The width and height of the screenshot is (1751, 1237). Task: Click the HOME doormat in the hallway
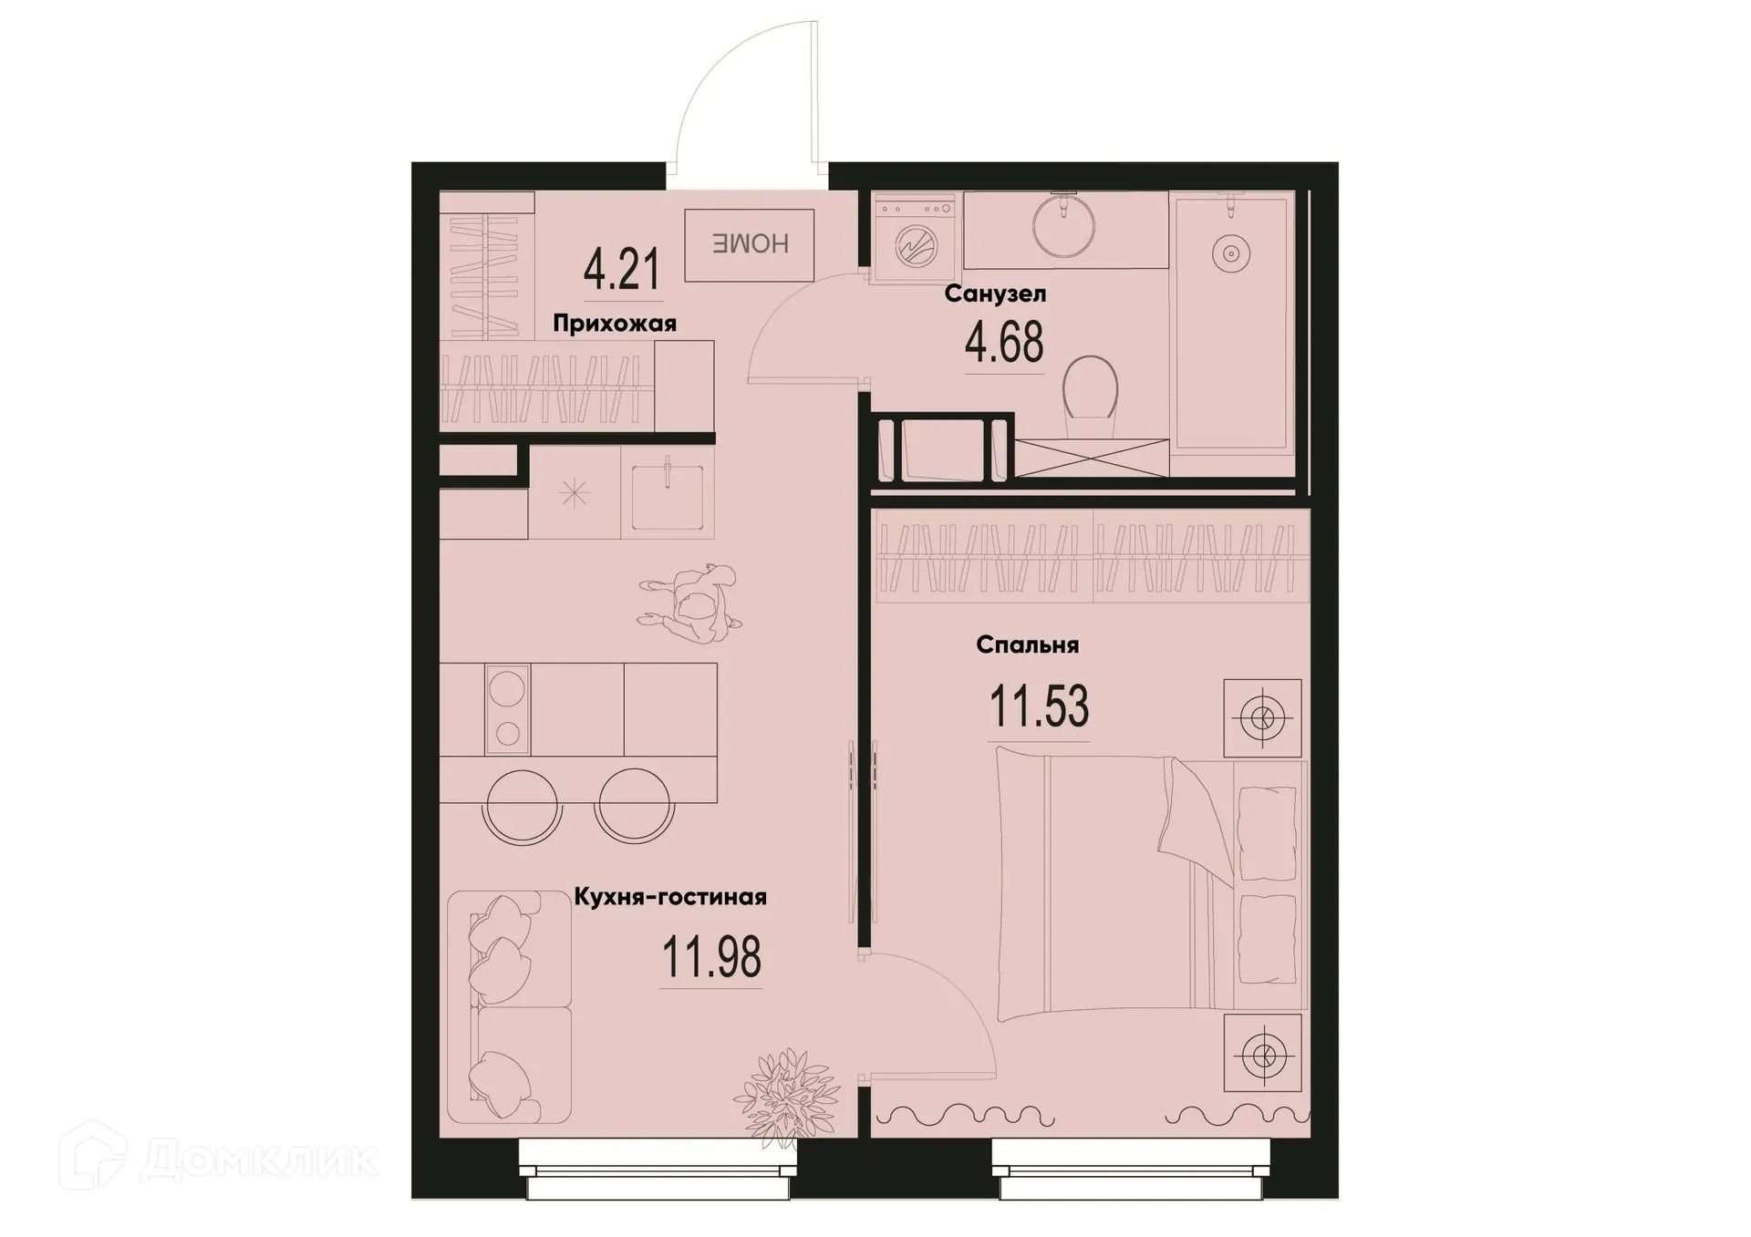[x=749, y=244]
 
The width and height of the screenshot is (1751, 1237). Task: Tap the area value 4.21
[x=621, y=270]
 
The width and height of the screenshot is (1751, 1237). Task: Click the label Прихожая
[x=614, y=324]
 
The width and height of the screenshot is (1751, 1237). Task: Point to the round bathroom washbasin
[x=1063, y=225]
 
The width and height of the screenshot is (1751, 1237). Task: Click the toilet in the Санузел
[x=1091, y=387]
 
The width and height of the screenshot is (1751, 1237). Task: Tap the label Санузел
[x=995, y=294]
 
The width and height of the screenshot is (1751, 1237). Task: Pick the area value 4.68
[x=1004, y=343]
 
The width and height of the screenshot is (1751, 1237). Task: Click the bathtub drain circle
[x=1230, y=253]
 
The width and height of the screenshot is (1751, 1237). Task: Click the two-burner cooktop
[x=507, y=708]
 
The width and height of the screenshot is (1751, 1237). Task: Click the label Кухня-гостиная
[x=670, y=897]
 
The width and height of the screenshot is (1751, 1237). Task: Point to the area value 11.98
[x=711, y=958]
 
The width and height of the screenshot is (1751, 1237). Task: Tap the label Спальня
[x=1027, y=645]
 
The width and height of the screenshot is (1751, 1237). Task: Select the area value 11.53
[x=1039, y=707]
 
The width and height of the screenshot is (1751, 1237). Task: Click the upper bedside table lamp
[x=1262, y=718]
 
